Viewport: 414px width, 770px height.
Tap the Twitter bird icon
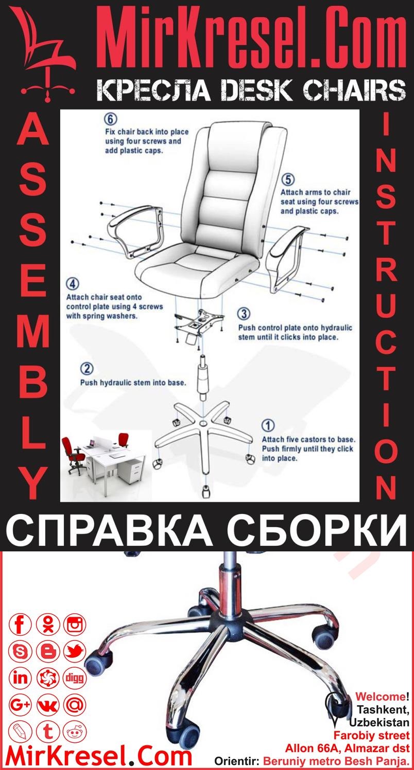tap(75, 652)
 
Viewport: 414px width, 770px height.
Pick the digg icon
tap(75, 678)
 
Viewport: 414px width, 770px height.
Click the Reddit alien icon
tap(75, 731)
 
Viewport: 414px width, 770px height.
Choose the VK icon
tap(48, 705)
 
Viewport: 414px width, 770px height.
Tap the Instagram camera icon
tap(75, 625)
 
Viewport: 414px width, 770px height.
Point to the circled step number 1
tap(268, 426)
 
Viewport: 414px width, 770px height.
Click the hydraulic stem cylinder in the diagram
tap(202, 378)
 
